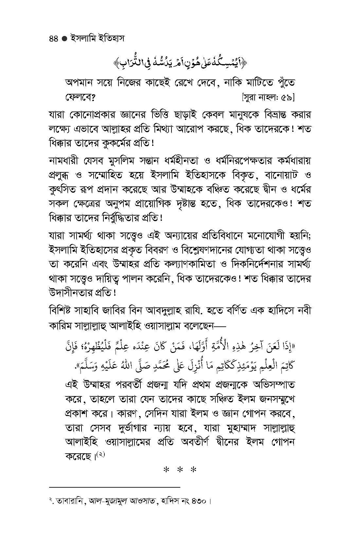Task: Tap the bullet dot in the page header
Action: click(64, 39)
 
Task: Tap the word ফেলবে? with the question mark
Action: click(80, 97)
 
